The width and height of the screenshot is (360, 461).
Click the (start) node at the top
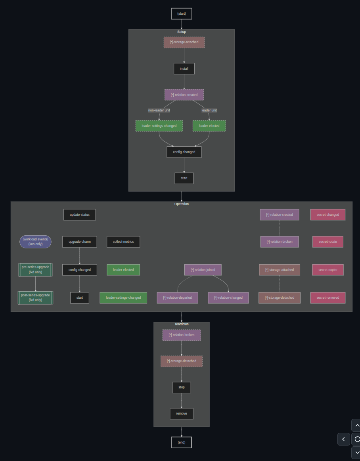point(182,13)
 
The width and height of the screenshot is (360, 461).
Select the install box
point(184,69)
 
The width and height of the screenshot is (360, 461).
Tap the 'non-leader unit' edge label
point(159,110)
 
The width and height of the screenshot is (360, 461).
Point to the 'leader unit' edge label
point(209,110)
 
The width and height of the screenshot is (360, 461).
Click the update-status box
point(80,215)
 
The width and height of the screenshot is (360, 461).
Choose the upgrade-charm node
point(80,242)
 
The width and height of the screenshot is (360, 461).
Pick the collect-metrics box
point(123,242)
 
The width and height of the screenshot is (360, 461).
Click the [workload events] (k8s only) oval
point(35,242)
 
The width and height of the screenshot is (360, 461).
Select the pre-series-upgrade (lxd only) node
point(35,270)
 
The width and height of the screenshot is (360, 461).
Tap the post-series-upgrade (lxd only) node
point(35,298)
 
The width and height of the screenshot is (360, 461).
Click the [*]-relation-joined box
point(203,270)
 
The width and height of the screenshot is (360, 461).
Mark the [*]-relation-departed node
point(177,298)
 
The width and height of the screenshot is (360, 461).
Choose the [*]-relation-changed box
point(228,298)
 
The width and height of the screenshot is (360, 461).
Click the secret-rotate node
point(327,242)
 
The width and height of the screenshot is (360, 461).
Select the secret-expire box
point(327,270)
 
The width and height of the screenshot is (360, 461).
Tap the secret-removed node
point(327,298)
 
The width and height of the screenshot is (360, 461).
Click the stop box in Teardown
point(182,387)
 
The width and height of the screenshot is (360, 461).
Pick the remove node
point(182,413)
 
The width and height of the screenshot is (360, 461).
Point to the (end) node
point(182,442)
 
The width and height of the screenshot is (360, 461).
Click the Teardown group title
point(182,324)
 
